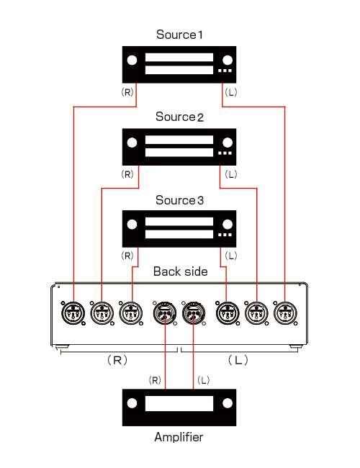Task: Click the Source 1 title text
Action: point(179,35)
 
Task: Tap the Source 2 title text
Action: point(179,117)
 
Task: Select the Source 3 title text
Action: point(179,200)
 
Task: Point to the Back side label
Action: point(180,271)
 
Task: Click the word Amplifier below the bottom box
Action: point(179,437)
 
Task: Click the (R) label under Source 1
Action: point(127,92)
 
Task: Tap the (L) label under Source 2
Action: point(231,174)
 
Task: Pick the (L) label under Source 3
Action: point(231,256)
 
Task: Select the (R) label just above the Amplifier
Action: point(155,380)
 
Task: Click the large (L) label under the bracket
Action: point(238,360)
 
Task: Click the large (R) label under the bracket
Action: point(117,360)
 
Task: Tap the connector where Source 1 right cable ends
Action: point(73,313)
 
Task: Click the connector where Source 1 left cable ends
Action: point(285,313)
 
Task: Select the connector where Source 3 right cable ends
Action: point(131,313)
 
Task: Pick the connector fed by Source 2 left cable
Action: point(256,313)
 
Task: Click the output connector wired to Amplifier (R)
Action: point(165,313)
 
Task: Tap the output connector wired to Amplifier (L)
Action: point(194,313)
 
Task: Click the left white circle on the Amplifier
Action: point(132,403)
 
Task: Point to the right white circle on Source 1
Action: point(228,60)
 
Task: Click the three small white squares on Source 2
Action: point(225,153)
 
